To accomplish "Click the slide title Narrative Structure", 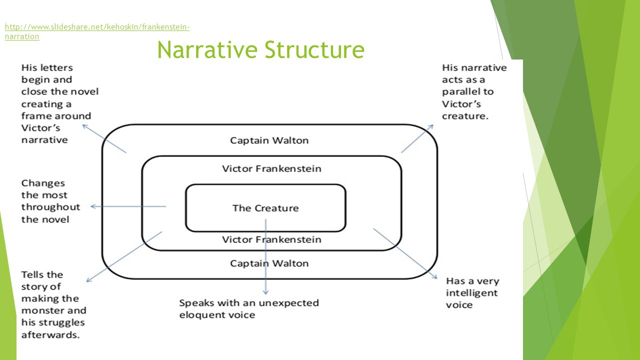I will [x=260, y=49].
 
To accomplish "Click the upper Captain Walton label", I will [x=269, y=140].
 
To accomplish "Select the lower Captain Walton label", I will [x=269, y=263].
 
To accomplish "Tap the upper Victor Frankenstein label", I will [x=271, y=168].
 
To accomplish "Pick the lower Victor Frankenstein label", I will [x=271, y=239].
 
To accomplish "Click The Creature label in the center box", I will [x=265, y=208].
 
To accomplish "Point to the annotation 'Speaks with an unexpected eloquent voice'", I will [x=248, y=308].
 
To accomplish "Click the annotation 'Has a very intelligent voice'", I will [x=472, y=292].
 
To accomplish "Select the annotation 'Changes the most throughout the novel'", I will [x=50, y=201].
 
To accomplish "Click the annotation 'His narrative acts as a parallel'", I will [x=474, y=91].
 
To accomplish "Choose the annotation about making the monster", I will [x=52, y=304].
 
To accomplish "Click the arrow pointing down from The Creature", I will [x=266, y=260].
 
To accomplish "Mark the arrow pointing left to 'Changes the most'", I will [x=127, y=206].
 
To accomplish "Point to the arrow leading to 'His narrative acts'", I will [x=417, y=139].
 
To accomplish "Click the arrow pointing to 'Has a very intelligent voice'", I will [x=405, y=253].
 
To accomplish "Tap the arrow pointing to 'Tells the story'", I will [x=124, y=256].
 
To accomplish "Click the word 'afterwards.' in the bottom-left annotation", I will [x=50, y=334].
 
